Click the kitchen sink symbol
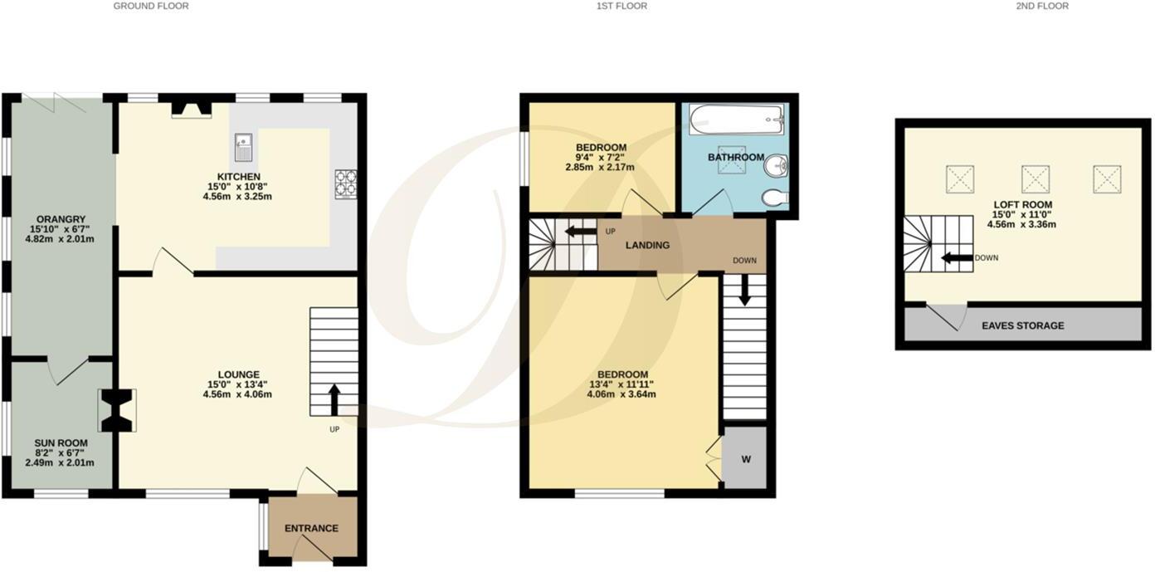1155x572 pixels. [243, 146]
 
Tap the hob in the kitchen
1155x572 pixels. [345, 183]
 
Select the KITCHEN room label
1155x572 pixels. [239, 177]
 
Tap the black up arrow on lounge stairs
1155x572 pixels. [334, 399]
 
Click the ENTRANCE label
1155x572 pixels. [311, 528]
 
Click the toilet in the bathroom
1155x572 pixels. [773, 198]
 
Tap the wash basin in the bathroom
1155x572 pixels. [777, 167]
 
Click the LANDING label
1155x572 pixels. [647, 245]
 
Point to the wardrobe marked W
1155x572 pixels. [745, 459]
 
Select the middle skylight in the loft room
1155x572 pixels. [1035, 178]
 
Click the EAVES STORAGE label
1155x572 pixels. [1022, 325]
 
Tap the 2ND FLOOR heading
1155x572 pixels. [1042, 6]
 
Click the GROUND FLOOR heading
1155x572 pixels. [151, 6]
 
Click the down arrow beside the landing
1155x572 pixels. [744, 289]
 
